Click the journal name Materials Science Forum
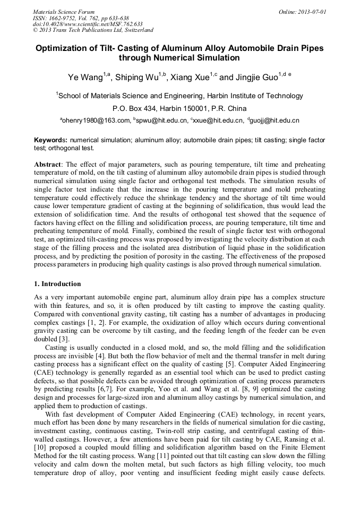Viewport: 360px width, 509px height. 64,11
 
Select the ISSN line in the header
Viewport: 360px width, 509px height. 81,18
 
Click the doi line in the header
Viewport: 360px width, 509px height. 88,24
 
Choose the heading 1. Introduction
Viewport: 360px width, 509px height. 57,284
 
